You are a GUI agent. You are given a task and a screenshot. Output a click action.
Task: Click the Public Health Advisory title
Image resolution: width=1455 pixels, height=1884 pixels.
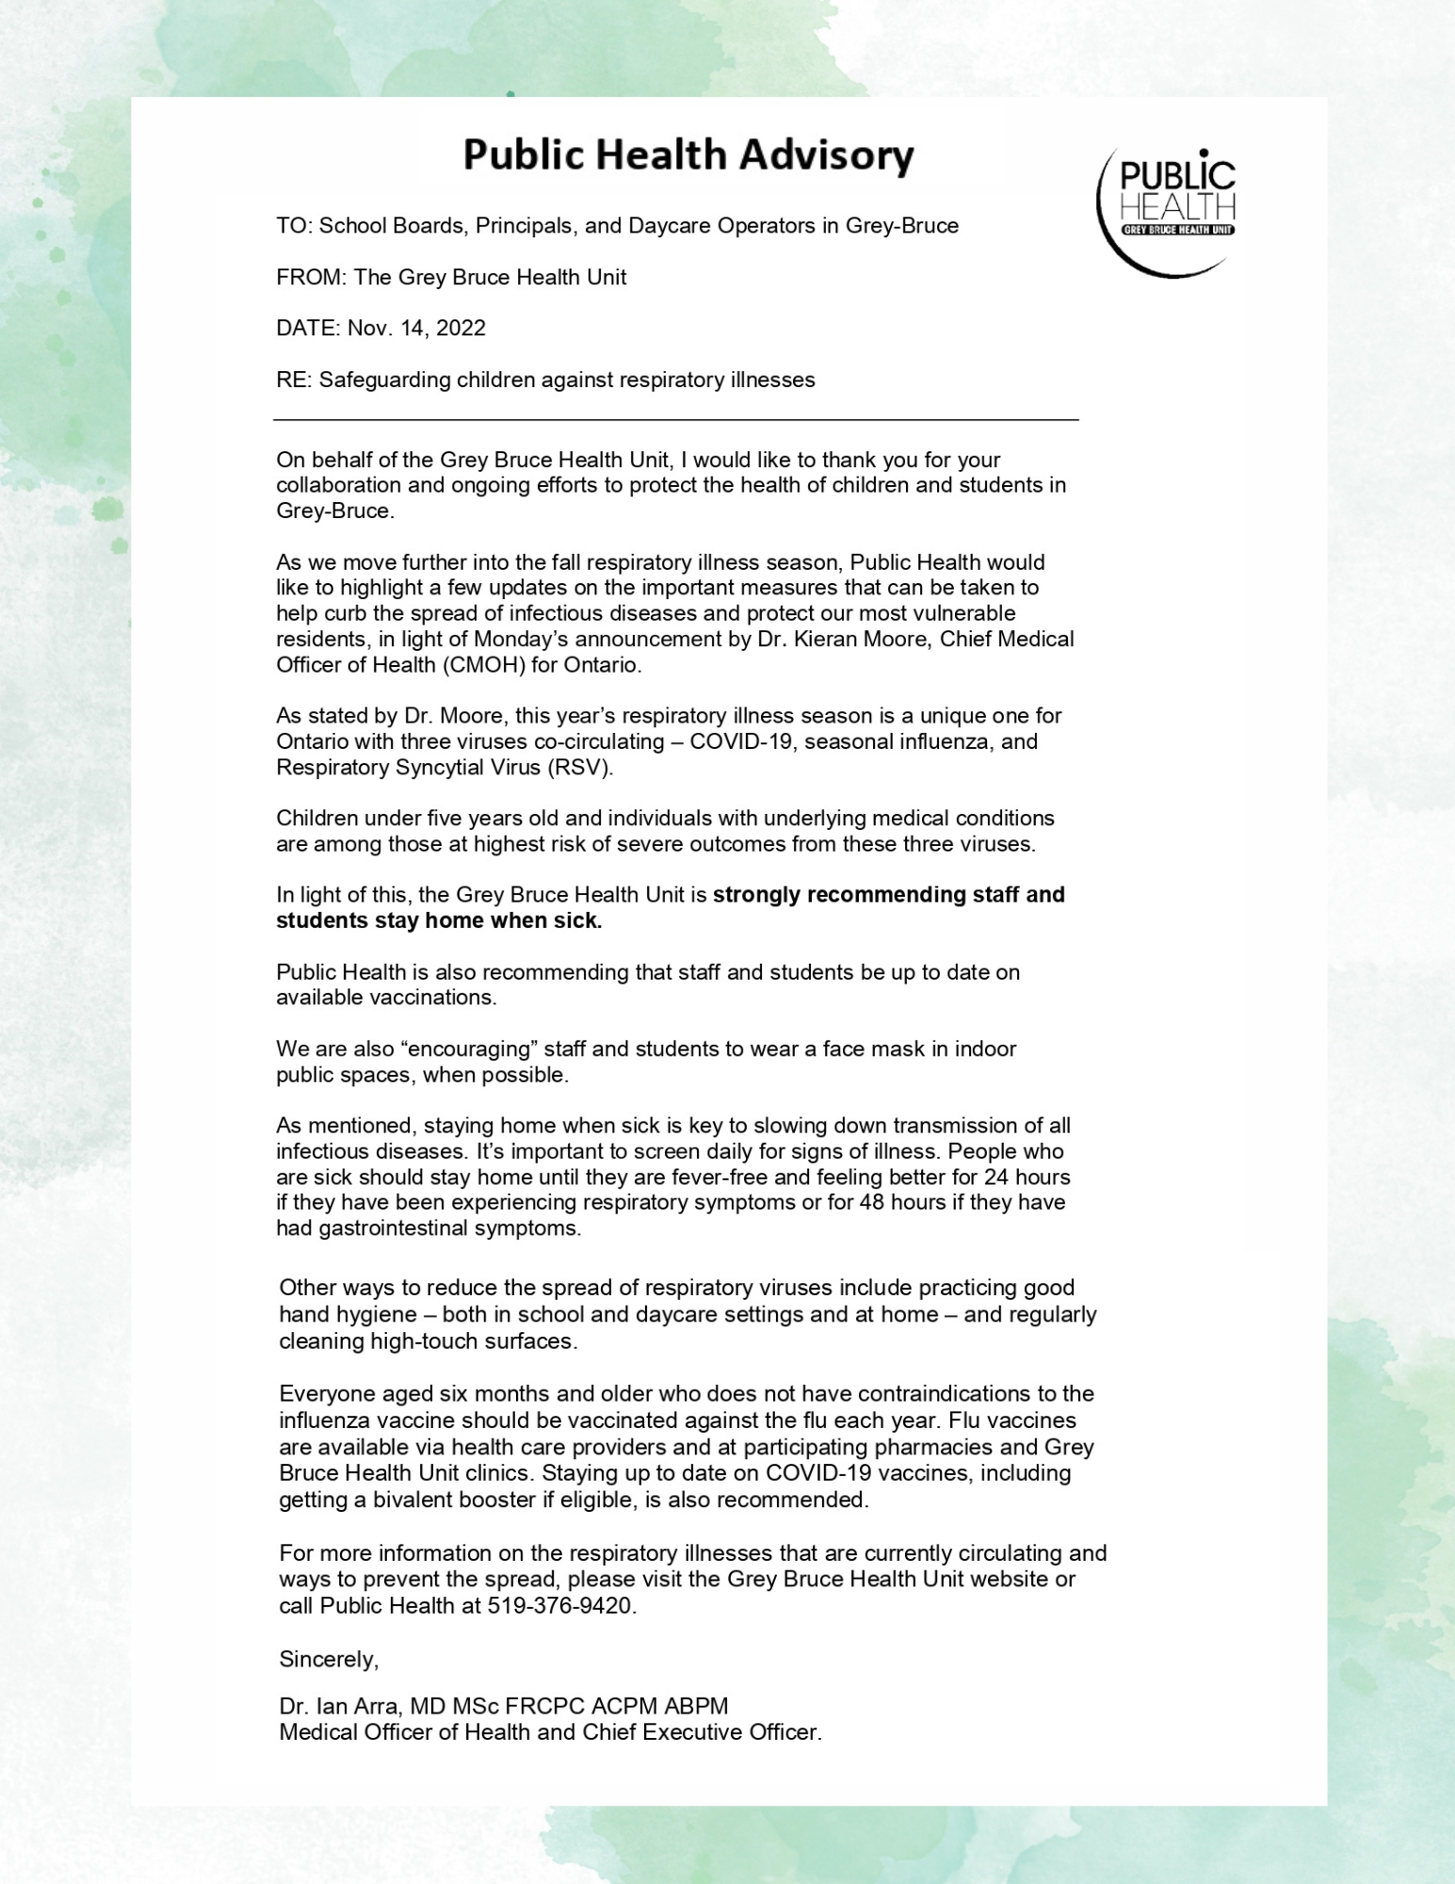click(688, 155)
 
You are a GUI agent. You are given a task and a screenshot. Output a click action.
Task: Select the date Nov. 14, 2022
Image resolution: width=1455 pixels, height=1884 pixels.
click(416, 329)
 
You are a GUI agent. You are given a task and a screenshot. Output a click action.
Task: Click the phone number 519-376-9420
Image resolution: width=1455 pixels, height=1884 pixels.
click(560, 1606)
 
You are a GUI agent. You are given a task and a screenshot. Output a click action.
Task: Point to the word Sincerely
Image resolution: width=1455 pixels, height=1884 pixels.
click(329, 1659)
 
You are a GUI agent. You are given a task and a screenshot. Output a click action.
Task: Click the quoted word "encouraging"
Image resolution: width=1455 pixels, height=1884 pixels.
click(468, 1049)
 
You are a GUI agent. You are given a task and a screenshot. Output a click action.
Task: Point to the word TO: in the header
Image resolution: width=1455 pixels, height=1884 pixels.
click(293, 226)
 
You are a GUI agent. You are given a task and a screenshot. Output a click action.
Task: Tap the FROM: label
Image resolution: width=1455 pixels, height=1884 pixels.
click(311, 278)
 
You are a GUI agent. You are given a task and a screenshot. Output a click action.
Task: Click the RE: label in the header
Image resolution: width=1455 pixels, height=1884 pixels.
click(293, 381)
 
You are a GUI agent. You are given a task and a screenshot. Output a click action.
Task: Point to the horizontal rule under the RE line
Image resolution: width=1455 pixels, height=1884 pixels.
click(675, 418)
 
